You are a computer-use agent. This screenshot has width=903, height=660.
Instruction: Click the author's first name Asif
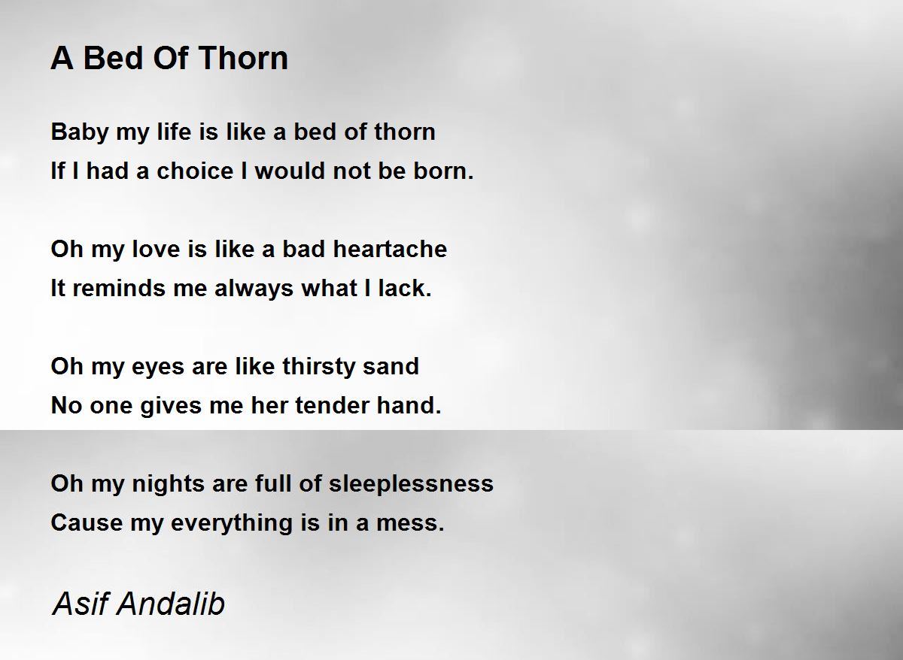click(x=76, y=604)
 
